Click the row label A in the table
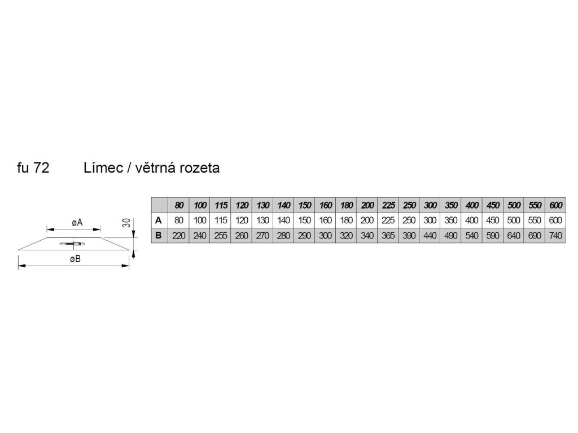pos(159,220)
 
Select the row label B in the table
pos(159,236)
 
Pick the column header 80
pos(179,205)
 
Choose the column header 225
pos(389,205)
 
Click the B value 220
pos(179,236)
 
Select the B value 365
pos(389,236)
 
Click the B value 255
pos(221,236)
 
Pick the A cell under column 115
pos(221,220)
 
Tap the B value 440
pos(431,236)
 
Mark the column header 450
pos(494,205)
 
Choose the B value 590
pos(494,236)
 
